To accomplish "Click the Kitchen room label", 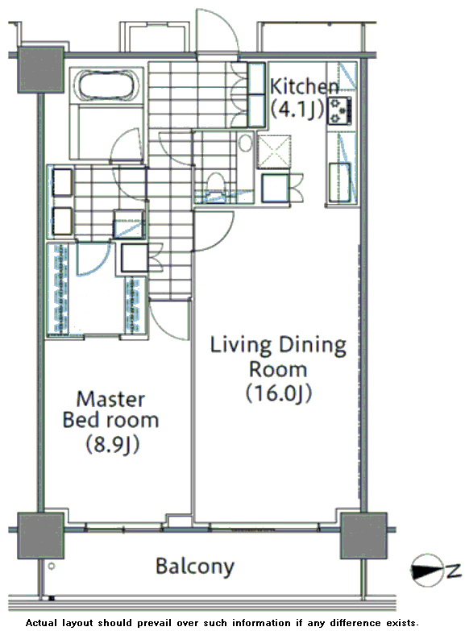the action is [x=304, y=98].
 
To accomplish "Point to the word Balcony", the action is [x=195, y=567].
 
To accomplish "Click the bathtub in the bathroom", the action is [x=106, y=85].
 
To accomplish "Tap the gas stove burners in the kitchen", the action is [x=339, y=110].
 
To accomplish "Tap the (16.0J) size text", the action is [x=279, y=393].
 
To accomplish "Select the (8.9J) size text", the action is [x=112, y=444].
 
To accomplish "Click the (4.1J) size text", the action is [x=297, y=110].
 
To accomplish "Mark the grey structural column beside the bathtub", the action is [x=40, y=70].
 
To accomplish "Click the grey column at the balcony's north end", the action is [x=364, y=535].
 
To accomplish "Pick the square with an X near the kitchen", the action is [x=274, y=152].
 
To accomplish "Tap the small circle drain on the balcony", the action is [x=52, y=566].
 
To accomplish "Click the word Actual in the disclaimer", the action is [x=40, y=623].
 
